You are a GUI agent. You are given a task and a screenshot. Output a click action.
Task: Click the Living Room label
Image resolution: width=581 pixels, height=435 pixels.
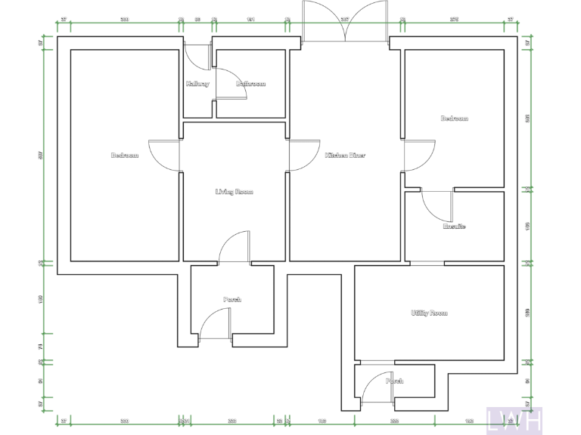234,192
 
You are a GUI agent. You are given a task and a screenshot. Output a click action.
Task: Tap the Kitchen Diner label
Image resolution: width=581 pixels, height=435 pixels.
345,156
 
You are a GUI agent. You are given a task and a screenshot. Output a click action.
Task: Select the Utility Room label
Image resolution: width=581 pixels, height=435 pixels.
429,313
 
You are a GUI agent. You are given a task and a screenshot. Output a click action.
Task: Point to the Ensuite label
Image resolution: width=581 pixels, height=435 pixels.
454,227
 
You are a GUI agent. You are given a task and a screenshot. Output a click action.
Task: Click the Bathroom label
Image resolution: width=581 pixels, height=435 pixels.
250,84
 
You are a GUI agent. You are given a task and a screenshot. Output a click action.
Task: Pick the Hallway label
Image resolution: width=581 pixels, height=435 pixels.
197,84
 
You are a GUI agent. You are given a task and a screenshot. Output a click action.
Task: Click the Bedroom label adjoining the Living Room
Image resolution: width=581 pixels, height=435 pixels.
125,156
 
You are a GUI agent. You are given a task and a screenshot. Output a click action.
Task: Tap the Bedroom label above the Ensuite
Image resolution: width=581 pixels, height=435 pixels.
455,119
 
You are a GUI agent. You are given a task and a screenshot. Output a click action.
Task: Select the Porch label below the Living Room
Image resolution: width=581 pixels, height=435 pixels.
232,300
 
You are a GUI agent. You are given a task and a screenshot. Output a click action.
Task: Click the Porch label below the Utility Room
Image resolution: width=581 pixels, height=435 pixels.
395,381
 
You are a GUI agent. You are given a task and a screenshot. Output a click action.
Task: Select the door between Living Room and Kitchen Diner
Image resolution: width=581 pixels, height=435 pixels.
304,156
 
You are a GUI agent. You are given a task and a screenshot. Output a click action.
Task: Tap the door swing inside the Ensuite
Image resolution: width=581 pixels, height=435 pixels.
436,205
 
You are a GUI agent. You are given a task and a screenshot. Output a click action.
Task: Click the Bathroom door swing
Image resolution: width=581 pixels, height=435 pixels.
230,82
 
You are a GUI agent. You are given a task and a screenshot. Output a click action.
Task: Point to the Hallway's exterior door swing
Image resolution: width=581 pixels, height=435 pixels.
198,57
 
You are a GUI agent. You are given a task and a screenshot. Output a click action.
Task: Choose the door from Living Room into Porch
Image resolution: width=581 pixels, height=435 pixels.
235,248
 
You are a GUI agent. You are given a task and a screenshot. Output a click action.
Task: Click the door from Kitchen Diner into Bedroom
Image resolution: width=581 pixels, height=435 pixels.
418,156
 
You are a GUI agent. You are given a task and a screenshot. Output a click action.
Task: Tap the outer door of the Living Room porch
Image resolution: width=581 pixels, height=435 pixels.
215,327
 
